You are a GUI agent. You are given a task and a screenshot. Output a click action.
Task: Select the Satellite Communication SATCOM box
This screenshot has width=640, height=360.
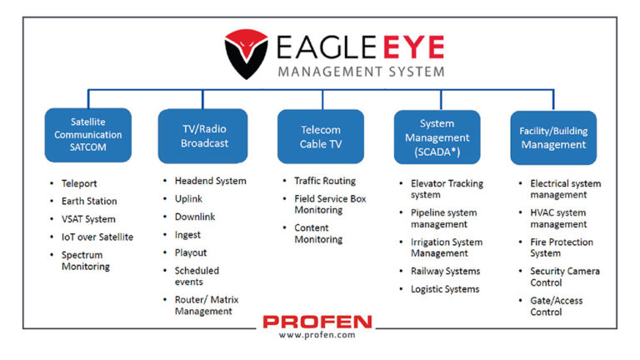(x=88, y=135)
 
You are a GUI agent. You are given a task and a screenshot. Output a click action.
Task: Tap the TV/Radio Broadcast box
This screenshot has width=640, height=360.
(x=202, y=136)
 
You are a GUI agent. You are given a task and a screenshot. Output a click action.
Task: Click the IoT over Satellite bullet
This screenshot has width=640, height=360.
(x=97, y=237)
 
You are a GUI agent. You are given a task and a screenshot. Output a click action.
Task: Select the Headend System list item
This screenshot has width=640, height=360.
(x=210, y=181)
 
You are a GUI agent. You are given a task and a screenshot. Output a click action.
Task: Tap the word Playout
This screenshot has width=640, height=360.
(x=191, y=252)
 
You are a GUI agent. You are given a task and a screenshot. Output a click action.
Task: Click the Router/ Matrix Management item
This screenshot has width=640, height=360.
(x=203, y=305)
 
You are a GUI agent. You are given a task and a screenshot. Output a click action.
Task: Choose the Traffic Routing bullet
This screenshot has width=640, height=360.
(x=324, y=181)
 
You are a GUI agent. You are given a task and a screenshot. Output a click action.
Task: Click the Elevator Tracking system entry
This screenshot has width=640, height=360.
(x=445, y=189)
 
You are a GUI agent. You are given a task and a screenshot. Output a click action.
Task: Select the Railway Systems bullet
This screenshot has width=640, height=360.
(x=445, y=271)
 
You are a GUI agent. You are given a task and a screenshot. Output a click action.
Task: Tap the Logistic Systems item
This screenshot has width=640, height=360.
(x=445, y=289)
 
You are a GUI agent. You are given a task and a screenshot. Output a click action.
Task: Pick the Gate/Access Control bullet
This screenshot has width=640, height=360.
(x=556, y=306)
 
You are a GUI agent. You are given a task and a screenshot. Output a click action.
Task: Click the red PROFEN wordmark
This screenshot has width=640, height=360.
(x=317, y=322)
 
